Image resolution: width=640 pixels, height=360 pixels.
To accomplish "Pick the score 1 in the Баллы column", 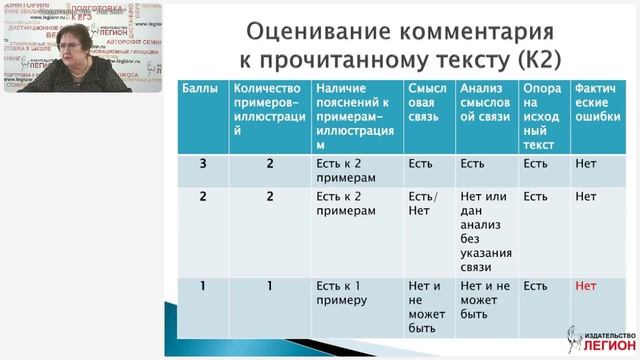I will [x=202, y=286].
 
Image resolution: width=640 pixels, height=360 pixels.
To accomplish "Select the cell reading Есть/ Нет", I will [x=424, y=204].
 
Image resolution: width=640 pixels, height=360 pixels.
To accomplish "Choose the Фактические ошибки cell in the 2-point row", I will [x=586, y=197].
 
